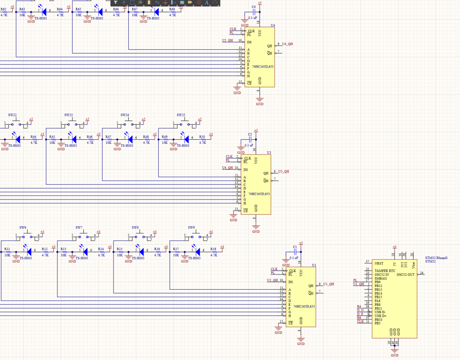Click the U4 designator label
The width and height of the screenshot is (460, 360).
coord(273,25)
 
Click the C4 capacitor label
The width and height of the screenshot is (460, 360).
coord(253,6)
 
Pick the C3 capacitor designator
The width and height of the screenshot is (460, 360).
coord(250,134)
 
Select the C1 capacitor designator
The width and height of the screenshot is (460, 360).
coord(295,247)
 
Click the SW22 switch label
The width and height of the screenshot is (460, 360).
coord(12,114)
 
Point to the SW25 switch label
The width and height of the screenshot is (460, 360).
coord(181,114)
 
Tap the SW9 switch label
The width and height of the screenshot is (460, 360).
coord(191,228)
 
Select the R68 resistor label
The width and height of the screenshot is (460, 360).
coord(172,9)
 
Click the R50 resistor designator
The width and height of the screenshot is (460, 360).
coord(202,137)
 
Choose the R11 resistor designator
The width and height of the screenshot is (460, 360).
coord(7,249)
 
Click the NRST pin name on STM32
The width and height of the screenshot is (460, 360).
coord(379,263)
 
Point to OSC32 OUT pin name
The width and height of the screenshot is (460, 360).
coord(405,274)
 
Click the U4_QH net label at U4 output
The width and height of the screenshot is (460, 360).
coord(287,44)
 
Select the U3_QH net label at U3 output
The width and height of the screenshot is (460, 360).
coord(283,171)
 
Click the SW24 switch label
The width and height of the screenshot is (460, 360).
coord(125,114)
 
